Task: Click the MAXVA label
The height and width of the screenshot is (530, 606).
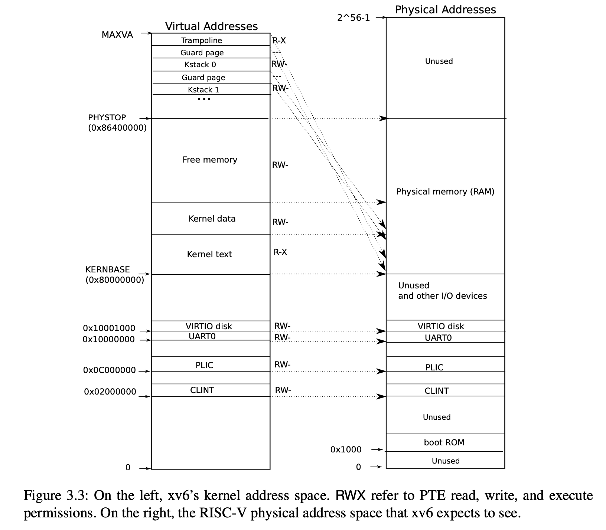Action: click(x=117, y=35)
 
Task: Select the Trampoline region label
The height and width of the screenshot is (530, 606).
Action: click(x=202, y=40)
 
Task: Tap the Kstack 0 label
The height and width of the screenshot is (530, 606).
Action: click(x=200, y=65)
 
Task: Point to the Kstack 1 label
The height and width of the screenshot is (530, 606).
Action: click(x=203, y=90)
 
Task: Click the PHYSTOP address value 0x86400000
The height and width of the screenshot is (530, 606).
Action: click(x=117, y=128)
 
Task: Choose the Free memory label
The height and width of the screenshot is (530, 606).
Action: click(x=210, y=160)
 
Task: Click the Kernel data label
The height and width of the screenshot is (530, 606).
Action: click(x=212, y=219)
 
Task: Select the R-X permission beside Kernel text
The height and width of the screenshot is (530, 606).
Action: click(x=280, y=252)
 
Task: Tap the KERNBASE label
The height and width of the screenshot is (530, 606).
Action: click(x=108, y=269)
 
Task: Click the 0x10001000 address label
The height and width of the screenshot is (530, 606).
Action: click(x=109, y=328)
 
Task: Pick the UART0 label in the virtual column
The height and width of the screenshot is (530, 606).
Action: click(x=202, y=336)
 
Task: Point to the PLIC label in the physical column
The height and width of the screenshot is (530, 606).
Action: click(x=434, y=367)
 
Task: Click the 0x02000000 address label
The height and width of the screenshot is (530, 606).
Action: click(x=110, y=392)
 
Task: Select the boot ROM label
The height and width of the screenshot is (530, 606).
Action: click(x=444, y=442)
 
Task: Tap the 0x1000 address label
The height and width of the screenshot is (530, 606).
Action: click(x=346, y=450)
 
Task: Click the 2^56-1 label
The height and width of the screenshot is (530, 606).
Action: click(x=353, y=18)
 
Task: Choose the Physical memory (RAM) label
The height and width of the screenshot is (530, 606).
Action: click(x=445, y=192)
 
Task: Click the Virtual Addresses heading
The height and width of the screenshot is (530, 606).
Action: click(x=211, y=26)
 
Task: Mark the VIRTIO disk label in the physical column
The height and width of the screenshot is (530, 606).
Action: click(x=441, y=326)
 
